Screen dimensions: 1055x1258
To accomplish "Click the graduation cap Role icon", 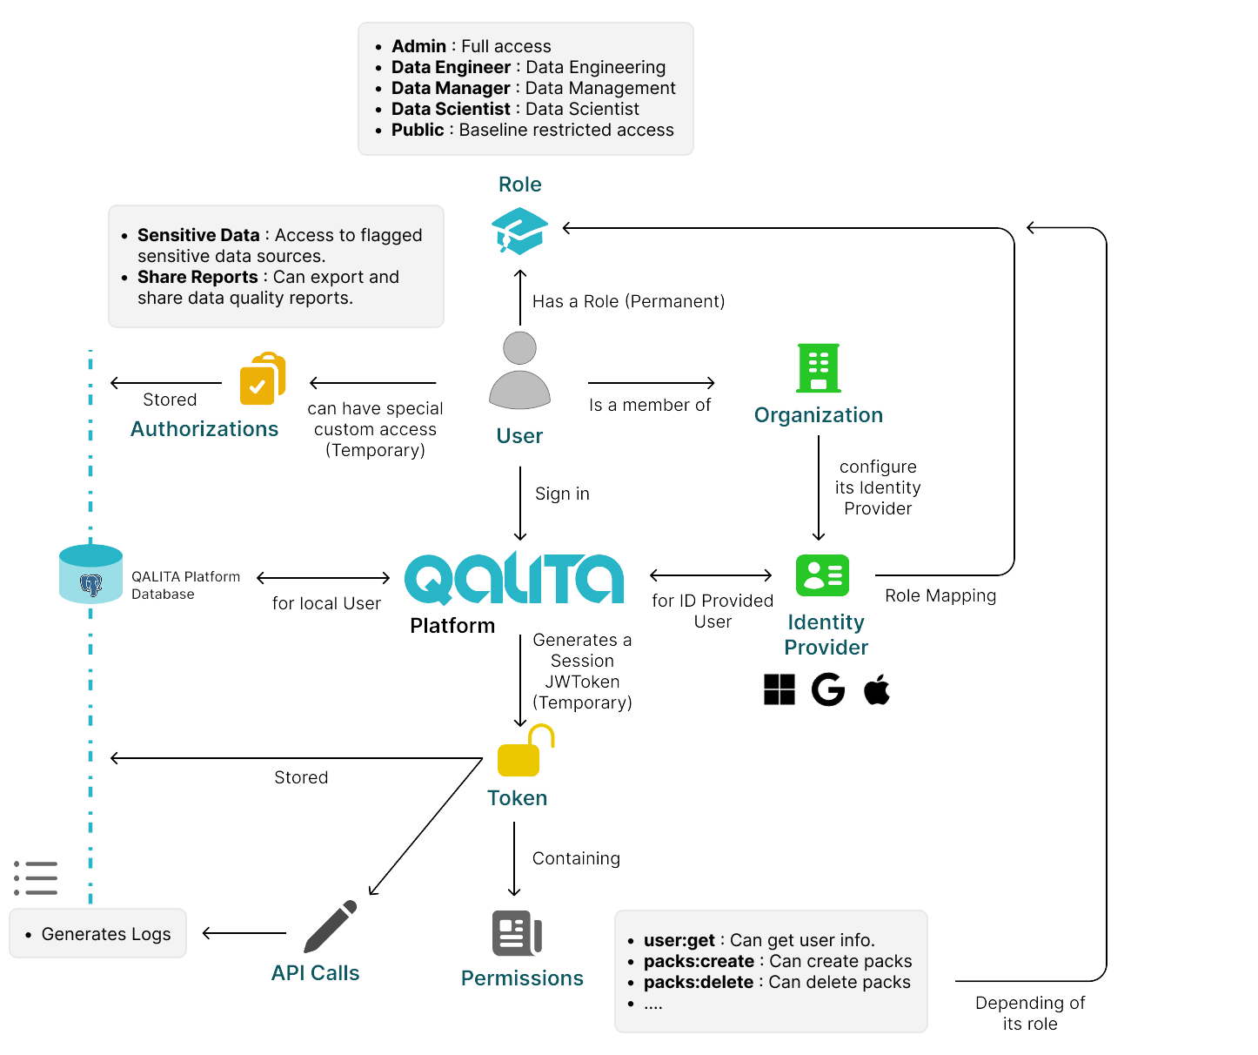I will tap(519, 231).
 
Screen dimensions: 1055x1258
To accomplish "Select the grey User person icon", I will tap(519, 371).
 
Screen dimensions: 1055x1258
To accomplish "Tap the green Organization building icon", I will tap(819, 368).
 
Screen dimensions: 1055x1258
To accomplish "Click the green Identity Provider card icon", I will tap(822, 575).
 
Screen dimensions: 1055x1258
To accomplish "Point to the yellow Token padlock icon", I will tap(524, 751).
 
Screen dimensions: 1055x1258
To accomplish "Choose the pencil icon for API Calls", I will tap(331, 927).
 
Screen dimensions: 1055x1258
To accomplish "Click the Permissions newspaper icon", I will tap(517, 934).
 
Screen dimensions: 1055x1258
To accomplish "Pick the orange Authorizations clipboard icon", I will tap(263, 379).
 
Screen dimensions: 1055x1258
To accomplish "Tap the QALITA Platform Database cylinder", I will tap(90, 574).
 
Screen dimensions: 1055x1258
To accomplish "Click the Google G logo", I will tap(828, 689).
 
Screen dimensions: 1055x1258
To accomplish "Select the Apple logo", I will tap(877, 689).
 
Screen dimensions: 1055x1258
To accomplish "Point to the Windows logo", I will tap(780, 689).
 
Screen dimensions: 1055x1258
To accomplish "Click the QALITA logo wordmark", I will tap(514, 578).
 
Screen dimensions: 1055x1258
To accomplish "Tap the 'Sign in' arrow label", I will tap(562, 494).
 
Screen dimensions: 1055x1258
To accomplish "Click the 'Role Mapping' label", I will tap(940, 595).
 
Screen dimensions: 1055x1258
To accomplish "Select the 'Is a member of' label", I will tap(650, 405).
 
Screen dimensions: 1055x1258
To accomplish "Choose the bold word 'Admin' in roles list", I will tap(418, 46).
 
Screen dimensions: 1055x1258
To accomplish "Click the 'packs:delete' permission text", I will tap(699, 982).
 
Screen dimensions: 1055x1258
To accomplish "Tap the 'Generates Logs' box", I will tap(98, 934).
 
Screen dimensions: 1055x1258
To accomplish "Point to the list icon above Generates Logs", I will tap(36, 878).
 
